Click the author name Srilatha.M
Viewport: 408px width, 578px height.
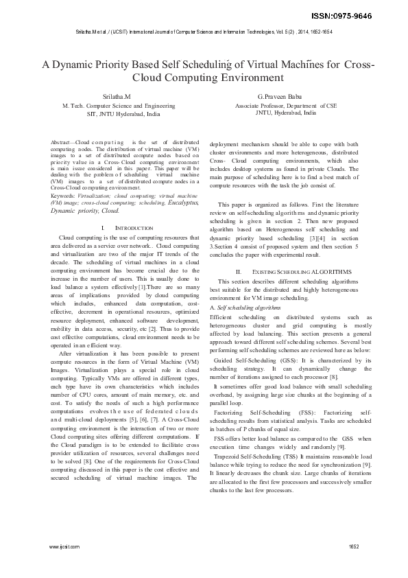pyautogui.click(x=117, y=97)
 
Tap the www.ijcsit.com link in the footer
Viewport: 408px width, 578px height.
pyautogui.click(x=65, y=546)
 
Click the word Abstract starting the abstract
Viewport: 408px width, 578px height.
pyautogui.click(x=63, y=141)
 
